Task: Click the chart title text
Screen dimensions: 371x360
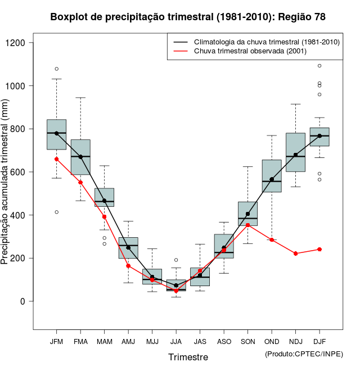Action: pos(188,17)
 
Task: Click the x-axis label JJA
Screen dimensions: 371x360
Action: pos(176,341)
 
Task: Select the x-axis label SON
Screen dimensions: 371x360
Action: pos(248,341)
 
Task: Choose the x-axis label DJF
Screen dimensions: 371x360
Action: pos(319,341)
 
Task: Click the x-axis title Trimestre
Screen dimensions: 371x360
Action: pos(188,357)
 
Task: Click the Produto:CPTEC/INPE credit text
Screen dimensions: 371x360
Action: pos(304,354)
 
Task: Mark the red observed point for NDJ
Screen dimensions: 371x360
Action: pos(296,254)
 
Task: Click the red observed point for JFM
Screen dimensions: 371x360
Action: pos(56,159)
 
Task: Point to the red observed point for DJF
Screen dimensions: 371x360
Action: pos(319,249)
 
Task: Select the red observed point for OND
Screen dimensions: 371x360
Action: pos(272,239)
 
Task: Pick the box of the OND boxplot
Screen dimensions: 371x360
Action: pos(272,176)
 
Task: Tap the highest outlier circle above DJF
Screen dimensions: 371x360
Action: pos(319,66)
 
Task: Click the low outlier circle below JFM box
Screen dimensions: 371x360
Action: pos(56,212)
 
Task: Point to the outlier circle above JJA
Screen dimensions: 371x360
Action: pos(176,260)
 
